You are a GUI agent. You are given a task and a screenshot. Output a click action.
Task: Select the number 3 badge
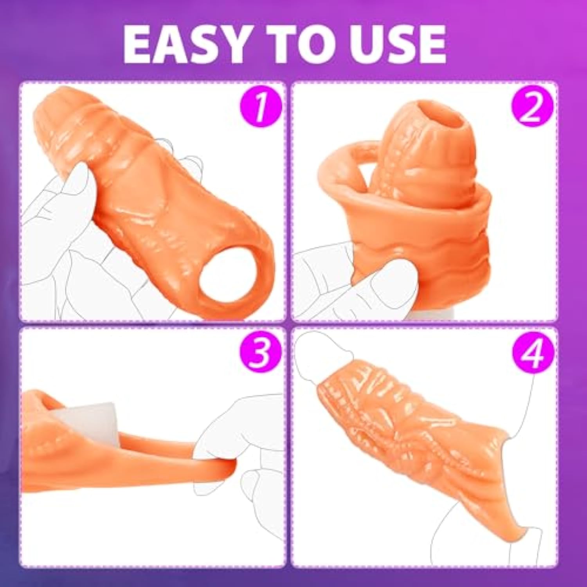[x=261, y=351]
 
